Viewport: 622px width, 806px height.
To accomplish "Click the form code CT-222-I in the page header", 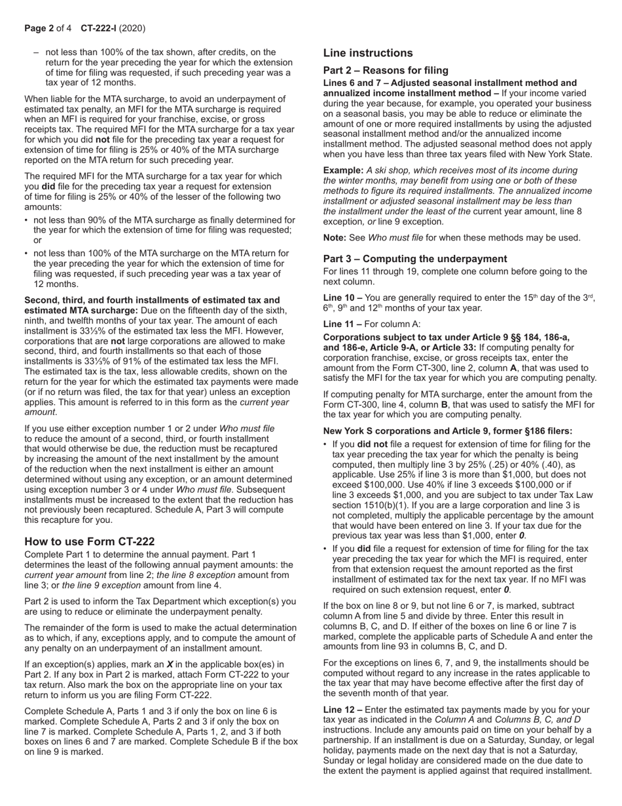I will pyautogui.click(x=104, y=28).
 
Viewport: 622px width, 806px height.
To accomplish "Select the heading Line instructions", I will pyautogui.click(x=368, y=53).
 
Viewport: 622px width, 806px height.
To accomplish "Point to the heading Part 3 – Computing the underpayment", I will pyautogui.click(x=415, y=258).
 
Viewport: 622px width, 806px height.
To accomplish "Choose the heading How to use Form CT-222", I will pyautogui.click(x=90, y=541).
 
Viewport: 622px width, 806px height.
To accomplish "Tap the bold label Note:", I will pyautogui.click(x=335, y=237).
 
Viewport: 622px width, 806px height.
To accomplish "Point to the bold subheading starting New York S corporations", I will pyautogui.click(x=448, y=431).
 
